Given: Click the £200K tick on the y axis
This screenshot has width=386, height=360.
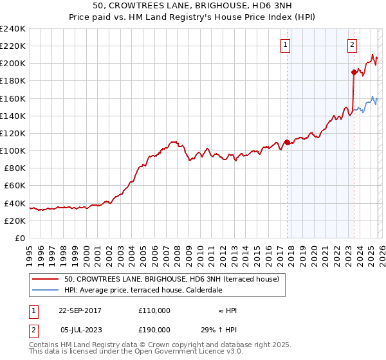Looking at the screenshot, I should [x=13, y=64].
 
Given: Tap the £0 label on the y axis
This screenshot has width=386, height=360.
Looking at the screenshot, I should [x=21, y=238].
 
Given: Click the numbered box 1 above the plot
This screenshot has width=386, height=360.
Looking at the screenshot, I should [x=285, y=45].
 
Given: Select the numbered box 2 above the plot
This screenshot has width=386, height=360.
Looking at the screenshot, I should [x=353, y=45].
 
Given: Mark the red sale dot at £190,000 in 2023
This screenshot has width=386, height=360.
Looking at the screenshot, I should [x=353, y=72].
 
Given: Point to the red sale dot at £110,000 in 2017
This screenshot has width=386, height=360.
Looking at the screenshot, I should [x=287, y=142].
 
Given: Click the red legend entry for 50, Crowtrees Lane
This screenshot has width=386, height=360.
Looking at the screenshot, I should [x=171, y=279].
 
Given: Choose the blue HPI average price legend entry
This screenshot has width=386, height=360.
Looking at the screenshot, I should [x=143, y=290].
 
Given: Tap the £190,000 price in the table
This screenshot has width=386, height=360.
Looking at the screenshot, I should [x=154, y=328].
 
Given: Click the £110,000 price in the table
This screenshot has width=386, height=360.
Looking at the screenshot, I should [x=154, y=310].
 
